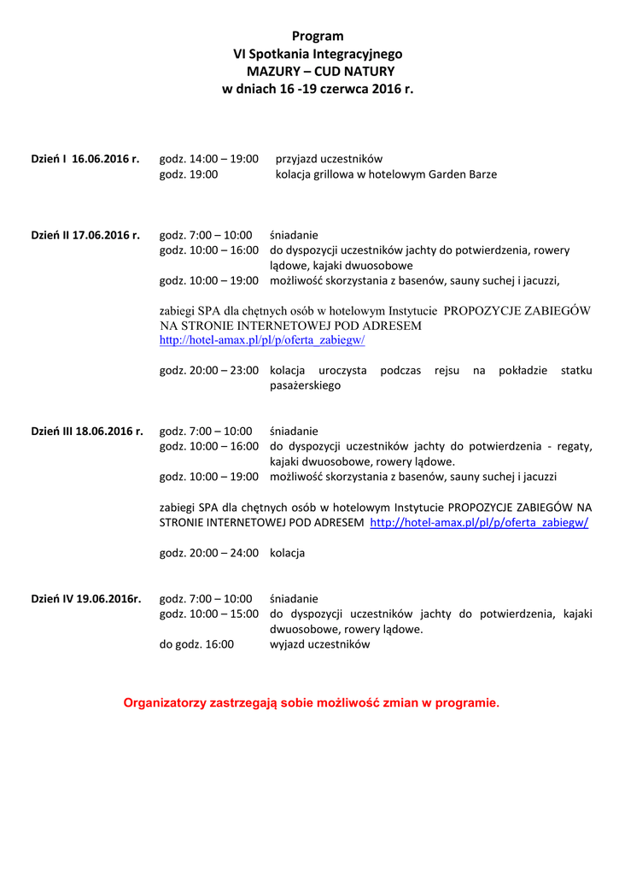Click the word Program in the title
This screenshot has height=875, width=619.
coord(318,36)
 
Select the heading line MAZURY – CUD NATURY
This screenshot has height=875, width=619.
coord(318,71)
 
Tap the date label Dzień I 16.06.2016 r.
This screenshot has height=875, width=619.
coord(85,159)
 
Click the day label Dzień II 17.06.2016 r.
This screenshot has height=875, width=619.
coord(85,235)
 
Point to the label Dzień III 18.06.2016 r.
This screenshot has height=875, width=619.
coord(87,431)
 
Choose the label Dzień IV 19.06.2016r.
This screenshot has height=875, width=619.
coord(86,599)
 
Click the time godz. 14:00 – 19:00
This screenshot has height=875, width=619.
coord(209,159)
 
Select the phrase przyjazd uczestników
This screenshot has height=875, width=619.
coord(329,159)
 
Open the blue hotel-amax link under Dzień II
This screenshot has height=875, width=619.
coord(262,340)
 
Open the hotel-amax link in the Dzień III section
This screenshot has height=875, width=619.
coord(479,522)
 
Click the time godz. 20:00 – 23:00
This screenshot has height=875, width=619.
coord(209,370)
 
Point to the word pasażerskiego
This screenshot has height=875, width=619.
coord(305,385)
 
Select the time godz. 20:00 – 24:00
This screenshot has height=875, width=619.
coord(209,553)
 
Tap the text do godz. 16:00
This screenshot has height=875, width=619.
coord(196,644)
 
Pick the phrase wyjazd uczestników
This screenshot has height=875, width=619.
coord(320,644)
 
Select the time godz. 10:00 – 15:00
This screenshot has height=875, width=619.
coord(209,614)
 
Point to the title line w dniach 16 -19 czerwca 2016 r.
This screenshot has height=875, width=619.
coord(318,89)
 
